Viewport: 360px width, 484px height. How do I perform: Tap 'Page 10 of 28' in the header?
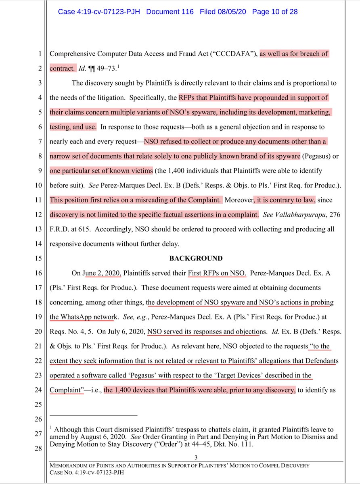(274, 12)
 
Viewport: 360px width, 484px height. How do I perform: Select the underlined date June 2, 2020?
(103, 273)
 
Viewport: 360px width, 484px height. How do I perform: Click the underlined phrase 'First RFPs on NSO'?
(217, 273)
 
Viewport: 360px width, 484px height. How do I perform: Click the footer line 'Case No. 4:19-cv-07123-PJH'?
(85, 473)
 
